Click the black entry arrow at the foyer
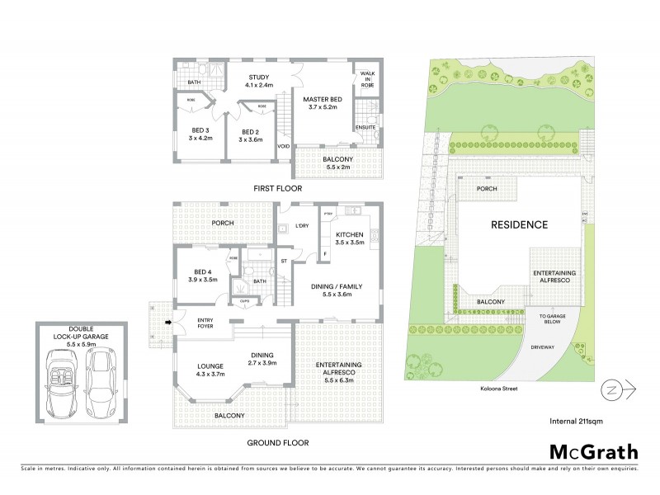tap(169, 322)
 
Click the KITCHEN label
tap(348, 241)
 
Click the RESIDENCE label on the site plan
tap(520, 224)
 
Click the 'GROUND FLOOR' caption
tap(277, 443)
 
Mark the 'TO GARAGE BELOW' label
tap(554, 319)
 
